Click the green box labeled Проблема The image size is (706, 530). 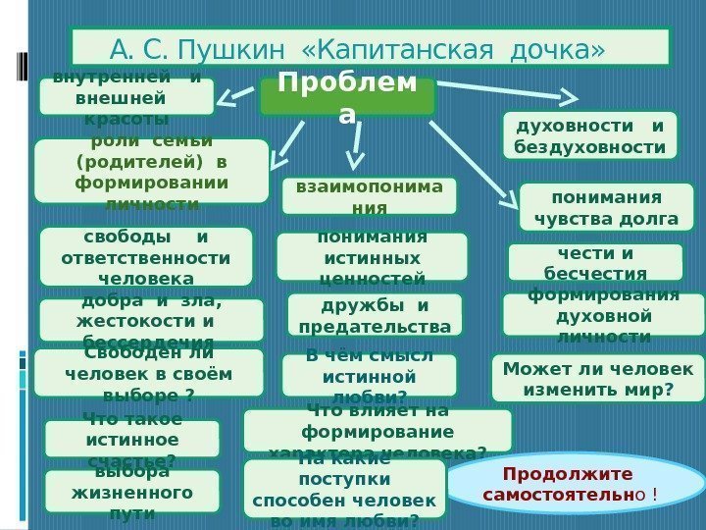click(347, 97)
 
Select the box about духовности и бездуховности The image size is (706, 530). click(589, 135)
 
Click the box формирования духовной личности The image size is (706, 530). click(603, 315)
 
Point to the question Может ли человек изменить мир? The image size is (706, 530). click(597, 379)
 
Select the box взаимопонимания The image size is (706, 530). click(369, 195)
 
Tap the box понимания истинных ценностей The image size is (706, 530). click(371, 257)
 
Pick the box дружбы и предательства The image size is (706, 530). click(375, 315)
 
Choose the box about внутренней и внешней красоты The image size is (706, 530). click(126, 97)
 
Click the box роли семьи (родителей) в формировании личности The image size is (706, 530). click(151, 171)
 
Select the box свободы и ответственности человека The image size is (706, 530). click(145, 256)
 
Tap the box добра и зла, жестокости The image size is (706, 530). click(151, 320)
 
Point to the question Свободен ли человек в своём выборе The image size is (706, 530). click(149, 373)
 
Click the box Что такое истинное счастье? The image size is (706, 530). click(131, 439)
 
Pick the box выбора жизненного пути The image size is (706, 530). click(131, 491)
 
